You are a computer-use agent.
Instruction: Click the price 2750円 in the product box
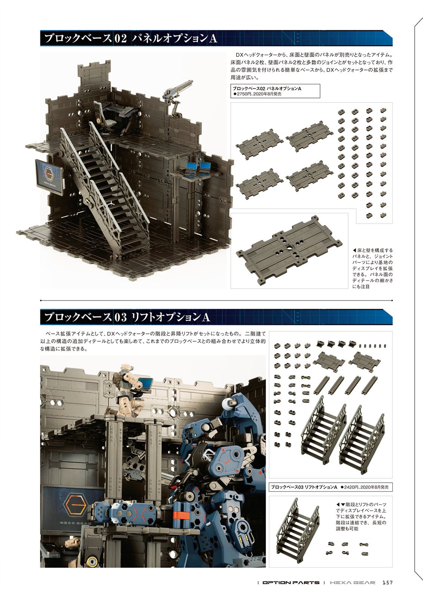click(242, 94)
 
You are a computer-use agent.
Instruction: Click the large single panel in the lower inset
click(289, 251)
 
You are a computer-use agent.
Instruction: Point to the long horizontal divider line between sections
click(216, 300)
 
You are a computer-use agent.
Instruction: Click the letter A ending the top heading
click(213, 39)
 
